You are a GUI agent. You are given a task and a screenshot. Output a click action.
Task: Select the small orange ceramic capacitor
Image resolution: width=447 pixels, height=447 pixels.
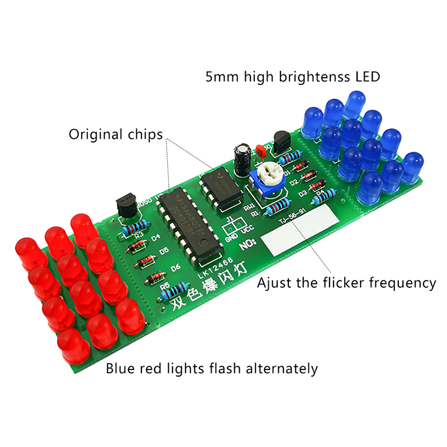pyautogui.click(x=259, y=150)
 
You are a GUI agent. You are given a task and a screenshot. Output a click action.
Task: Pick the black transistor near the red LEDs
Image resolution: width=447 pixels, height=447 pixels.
pyautogui.click(x=126, y=205)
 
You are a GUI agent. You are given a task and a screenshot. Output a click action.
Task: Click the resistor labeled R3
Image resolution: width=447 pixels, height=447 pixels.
pyautogui.click(x=132, y=227)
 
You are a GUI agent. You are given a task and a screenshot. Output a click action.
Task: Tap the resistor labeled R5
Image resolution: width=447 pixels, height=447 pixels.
pyautogui.click(x=175, y=291)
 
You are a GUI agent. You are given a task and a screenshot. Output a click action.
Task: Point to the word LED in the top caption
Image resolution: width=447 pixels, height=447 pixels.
pyautogui.click(x=367, y=76)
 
